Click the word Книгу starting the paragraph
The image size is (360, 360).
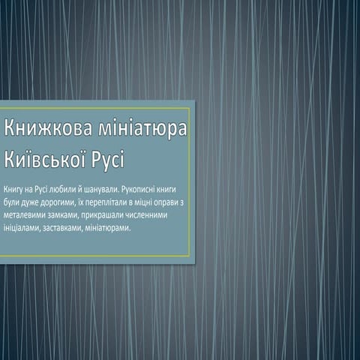[13, 189]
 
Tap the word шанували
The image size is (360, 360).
[99, 189]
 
